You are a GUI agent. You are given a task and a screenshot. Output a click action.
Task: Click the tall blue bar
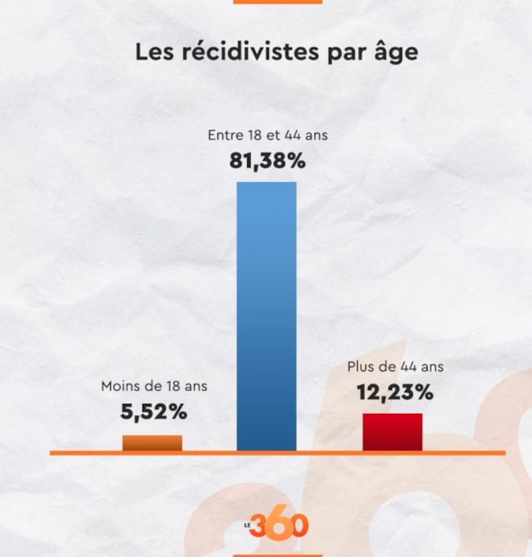click(x=267, y=316)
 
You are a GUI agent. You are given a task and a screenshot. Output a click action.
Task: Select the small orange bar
click(x=152, y=443)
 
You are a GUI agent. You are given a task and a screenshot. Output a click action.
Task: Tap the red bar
click(x=393, y=432)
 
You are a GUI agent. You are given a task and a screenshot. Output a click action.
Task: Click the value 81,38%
click(x=267, y=162)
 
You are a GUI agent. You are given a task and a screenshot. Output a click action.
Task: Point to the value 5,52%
click(x=154, y=412)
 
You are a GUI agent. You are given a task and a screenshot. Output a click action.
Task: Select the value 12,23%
click(x=395, y=392)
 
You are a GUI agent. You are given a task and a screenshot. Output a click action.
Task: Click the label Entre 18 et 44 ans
click(x=267, y=136)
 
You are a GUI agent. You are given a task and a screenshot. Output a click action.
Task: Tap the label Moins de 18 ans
click(x=154, y=386)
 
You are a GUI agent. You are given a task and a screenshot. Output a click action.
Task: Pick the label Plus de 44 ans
click(x=395, y=367)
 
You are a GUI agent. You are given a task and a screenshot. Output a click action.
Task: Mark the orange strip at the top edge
click(x=277, y=1)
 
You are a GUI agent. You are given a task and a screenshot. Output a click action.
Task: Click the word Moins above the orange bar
click(x=121, y=386)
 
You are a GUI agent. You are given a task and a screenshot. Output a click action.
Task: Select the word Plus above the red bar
click(x=360, y=367)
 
